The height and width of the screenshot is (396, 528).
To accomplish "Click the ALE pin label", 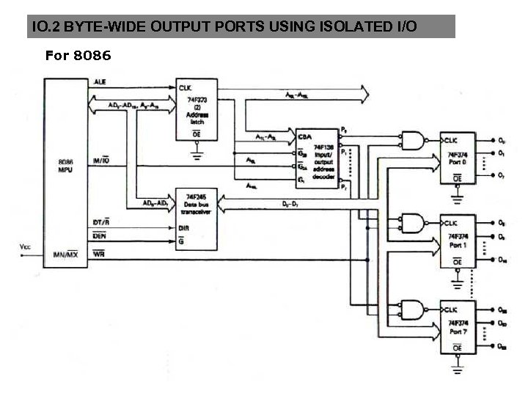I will click(100, 83).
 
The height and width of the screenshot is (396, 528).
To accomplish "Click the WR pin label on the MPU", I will click(100, 254).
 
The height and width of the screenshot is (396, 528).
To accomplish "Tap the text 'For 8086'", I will click(78, 55).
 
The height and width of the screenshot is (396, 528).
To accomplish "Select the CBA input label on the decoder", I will click(304, 136).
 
